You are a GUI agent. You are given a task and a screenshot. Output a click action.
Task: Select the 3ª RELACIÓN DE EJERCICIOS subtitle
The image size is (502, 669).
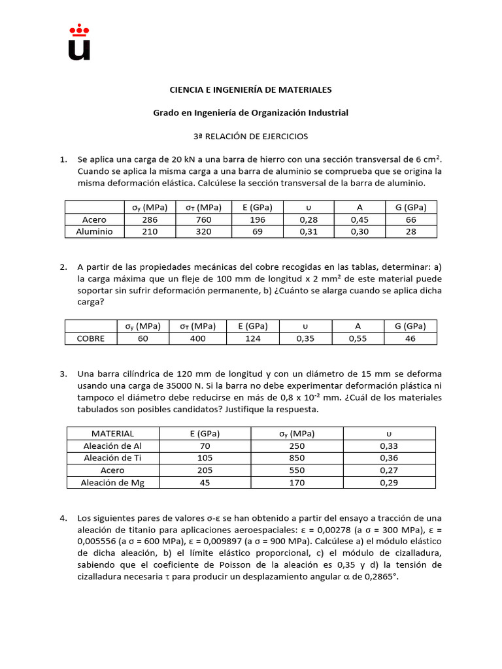point(250,137)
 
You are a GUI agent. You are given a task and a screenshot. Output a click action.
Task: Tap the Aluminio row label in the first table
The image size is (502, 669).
point(94,231)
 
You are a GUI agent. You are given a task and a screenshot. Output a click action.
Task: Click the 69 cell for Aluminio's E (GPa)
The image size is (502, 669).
point(258,231)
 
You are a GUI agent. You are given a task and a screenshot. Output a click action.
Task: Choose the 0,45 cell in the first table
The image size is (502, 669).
point(360,220)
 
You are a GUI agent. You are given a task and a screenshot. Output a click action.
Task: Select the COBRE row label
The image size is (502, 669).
point(90,338)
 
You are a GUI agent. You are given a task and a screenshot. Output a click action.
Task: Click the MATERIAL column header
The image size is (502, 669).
point(112,433)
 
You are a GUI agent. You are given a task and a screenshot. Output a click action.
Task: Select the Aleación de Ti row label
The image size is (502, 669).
point(112,458)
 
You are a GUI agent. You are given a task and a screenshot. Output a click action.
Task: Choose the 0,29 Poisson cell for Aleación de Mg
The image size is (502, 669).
point(389,482)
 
